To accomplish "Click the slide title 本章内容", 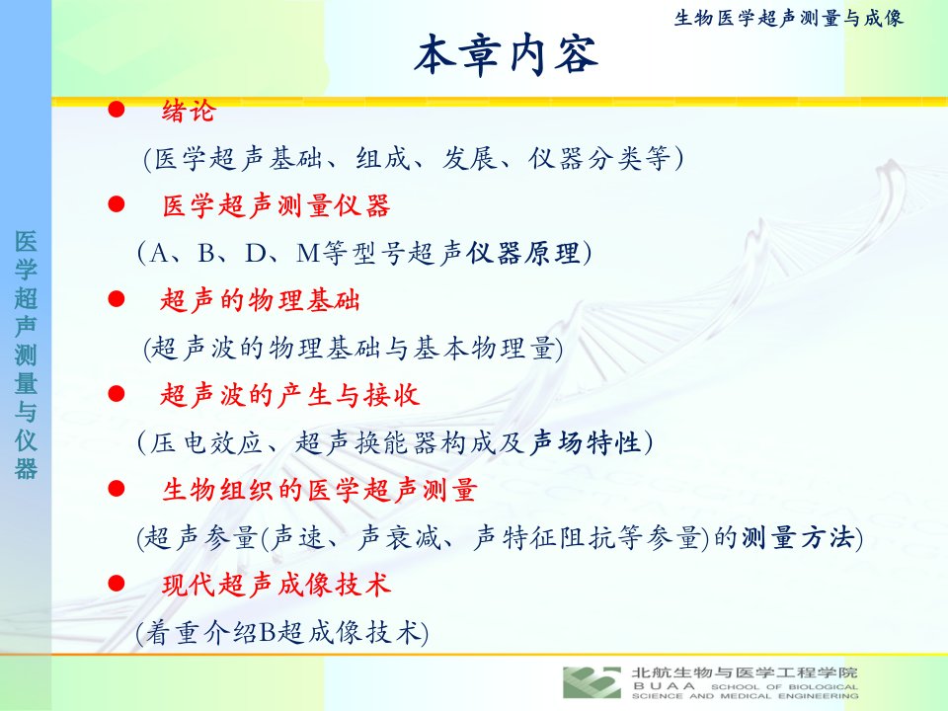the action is [507, 54].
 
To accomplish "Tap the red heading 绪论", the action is [189, 111].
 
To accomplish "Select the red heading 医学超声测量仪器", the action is [276, 205].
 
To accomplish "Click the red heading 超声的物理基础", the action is [261, 300].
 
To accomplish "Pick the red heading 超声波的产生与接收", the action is [289, 395].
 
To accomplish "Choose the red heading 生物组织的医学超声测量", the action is [319, 490].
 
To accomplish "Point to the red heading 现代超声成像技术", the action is [276, 585].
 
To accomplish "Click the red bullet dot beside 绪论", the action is [117, 110].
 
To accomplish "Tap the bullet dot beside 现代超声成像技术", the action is [117, 584].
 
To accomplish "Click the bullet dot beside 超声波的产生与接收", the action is [117, 394].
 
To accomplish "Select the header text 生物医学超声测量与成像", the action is [788, 18].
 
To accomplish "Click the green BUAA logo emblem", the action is [592, 682].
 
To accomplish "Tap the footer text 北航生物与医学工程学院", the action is [745, 672].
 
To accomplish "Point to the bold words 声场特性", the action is [586, 442].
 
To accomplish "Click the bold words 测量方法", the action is [798, 537].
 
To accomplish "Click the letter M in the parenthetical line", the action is [308, 254].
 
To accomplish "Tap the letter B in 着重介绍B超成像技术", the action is [268, 632].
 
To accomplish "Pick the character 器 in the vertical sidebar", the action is [26, 468].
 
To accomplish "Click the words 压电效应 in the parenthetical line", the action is [206, 442].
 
